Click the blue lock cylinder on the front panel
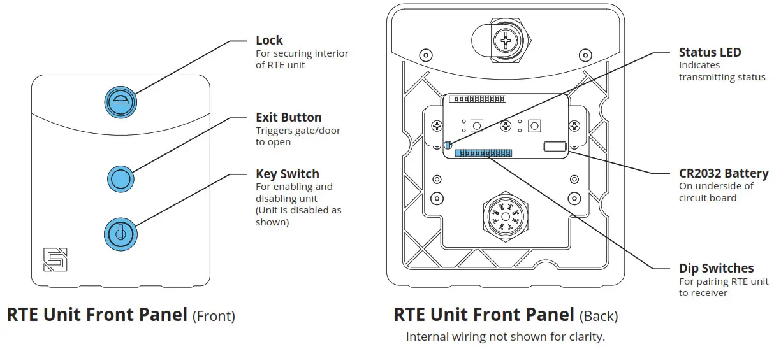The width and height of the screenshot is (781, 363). (x=120, y=101)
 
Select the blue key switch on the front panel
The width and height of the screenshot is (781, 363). (x=120, y=234)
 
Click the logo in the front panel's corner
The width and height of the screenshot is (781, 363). (x=55, y=259)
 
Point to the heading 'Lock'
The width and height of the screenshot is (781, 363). (x=269, y=40)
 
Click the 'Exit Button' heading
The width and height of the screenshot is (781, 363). (x=288, y=117)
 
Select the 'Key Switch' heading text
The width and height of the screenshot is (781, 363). (x=287, y=174)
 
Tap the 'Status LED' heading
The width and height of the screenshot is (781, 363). (x=710, y=52)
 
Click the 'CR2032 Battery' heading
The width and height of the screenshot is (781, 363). (x=724, y=173)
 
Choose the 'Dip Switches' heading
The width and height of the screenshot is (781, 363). (x=716, y=268)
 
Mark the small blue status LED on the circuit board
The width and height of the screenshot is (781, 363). (x=448, y=145)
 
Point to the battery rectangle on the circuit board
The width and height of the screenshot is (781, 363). (x=554, y=146)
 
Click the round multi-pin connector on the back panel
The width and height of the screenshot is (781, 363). (x=504, y=217)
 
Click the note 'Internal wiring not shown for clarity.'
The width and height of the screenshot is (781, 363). (x=505, y=337)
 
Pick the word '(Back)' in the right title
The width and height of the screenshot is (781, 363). (x=598, y=315)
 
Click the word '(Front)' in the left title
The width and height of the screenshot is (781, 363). (x=214, y=315)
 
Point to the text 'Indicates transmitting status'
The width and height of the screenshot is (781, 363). (x=721, y=71)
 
